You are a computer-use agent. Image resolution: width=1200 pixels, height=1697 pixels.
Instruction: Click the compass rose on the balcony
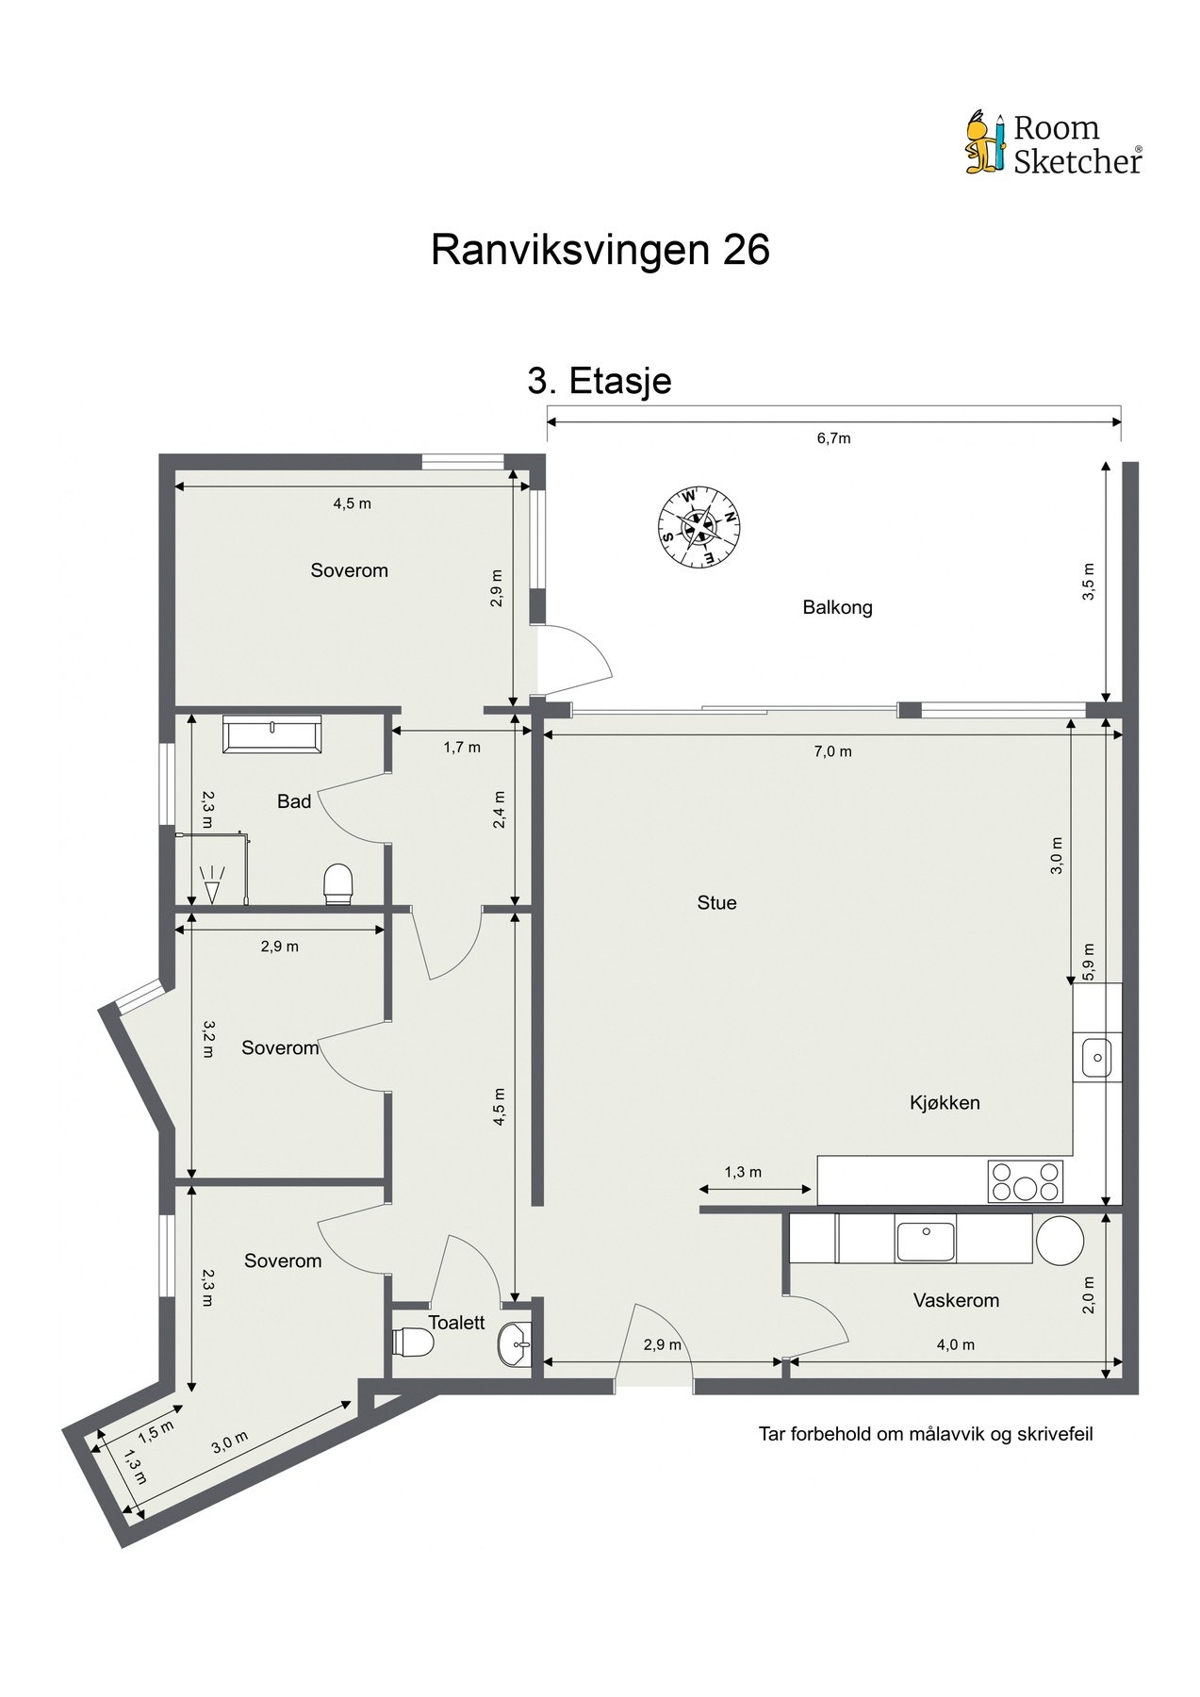point(699,528)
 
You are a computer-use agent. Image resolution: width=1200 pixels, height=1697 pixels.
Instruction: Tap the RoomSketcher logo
point(1053,144)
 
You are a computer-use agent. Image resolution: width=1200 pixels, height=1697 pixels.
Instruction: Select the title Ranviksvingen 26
point(600,251)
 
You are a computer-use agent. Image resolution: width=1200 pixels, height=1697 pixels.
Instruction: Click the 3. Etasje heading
point(600,381)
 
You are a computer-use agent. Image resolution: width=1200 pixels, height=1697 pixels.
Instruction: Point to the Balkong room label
point(837,607)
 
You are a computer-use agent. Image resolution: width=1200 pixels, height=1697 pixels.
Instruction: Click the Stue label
point(716,903)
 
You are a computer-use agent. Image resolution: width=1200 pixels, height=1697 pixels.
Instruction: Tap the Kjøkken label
point(945,1102)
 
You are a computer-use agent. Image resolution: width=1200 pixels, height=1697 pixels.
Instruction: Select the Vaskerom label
point(956,1300)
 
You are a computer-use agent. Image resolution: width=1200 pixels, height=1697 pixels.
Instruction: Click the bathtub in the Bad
point(272,733)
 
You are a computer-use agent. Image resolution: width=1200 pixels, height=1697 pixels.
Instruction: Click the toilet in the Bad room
point(337,883)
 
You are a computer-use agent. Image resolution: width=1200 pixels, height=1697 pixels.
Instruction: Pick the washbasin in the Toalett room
point(514,1343)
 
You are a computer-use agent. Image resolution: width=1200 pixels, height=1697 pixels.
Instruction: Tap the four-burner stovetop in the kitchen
point(1025,1181)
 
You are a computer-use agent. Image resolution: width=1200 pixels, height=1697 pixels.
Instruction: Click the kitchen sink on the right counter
point(1096,1056)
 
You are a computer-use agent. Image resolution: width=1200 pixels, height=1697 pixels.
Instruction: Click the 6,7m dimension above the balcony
point(833,438)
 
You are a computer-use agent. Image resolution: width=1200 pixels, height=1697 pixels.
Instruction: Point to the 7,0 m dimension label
point(833,751)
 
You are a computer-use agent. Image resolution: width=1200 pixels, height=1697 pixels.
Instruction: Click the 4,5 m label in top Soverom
point(352,503)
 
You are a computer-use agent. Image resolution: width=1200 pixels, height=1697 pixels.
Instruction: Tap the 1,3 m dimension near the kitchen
point(743,1172)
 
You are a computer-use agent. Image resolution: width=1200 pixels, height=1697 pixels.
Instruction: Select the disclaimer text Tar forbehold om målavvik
point(926,1434)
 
